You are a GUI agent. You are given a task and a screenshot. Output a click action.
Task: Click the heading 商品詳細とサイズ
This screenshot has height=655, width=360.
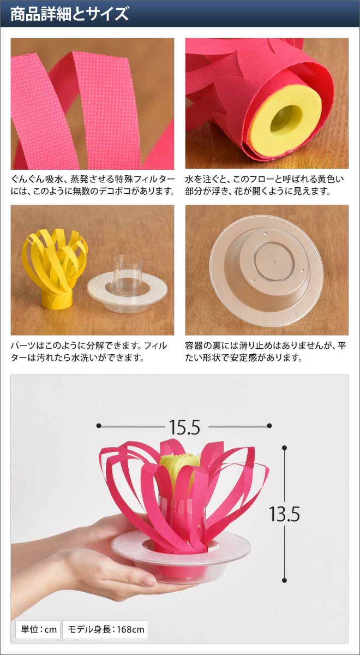pyautogui.click(x=69, y=14)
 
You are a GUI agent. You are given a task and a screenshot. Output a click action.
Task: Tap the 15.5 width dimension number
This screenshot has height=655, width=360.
pyautogui.click(x=184, y=427)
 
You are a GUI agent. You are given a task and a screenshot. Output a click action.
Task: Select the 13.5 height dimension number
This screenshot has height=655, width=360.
pyautogui.click(x=284, y=514)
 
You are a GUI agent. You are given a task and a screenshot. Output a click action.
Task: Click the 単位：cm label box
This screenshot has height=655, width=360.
pyautogui.click(x=38, y=629)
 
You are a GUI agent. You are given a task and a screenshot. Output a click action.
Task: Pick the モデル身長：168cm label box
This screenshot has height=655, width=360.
pyautogui.click(x=105, y=629)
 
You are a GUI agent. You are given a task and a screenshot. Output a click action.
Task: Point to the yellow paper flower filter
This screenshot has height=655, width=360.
pyautogui.click(x=55, y=269)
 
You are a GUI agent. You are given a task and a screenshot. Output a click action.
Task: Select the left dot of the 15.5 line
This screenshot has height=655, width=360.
pyautogui.click(x=99, y=426)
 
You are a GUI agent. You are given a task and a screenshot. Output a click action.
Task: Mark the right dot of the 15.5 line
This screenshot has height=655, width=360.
pyautogui.click(x=269, y=426)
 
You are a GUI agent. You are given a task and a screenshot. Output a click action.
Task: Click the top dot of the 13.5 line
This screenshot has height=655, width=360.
pyautogui.click(x=284, y=448)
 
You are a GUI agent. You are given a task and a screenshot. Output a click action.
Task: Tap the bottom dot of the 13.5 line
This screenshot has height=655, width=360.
pyautogui.click(x=284, y=580)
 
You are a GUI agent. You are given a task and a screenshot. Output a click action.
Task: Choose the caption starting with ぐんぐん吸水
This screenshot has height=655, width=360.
pyautogui.click(x=93, y=185)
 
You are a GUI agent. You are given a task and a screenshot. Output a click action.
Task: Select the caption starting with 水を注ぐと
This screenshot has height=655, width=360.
pyautogui.click(x=265, y=185)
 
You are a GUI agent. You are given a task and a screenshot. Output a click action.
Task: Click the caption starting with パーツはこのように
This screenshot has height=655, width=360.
pyautogui.click(x=89, y=351)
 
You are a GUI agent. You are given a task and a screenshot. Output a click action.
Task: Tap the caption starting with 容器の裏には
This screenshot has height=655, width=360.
pyautogui.click(x=265, y=351)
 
